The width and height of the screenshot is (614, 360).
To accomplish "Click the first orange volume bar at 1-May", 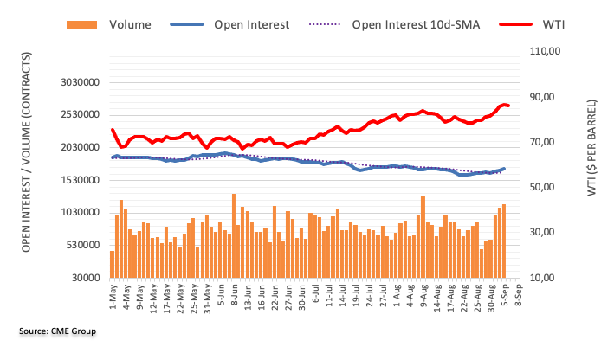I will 112,264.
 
